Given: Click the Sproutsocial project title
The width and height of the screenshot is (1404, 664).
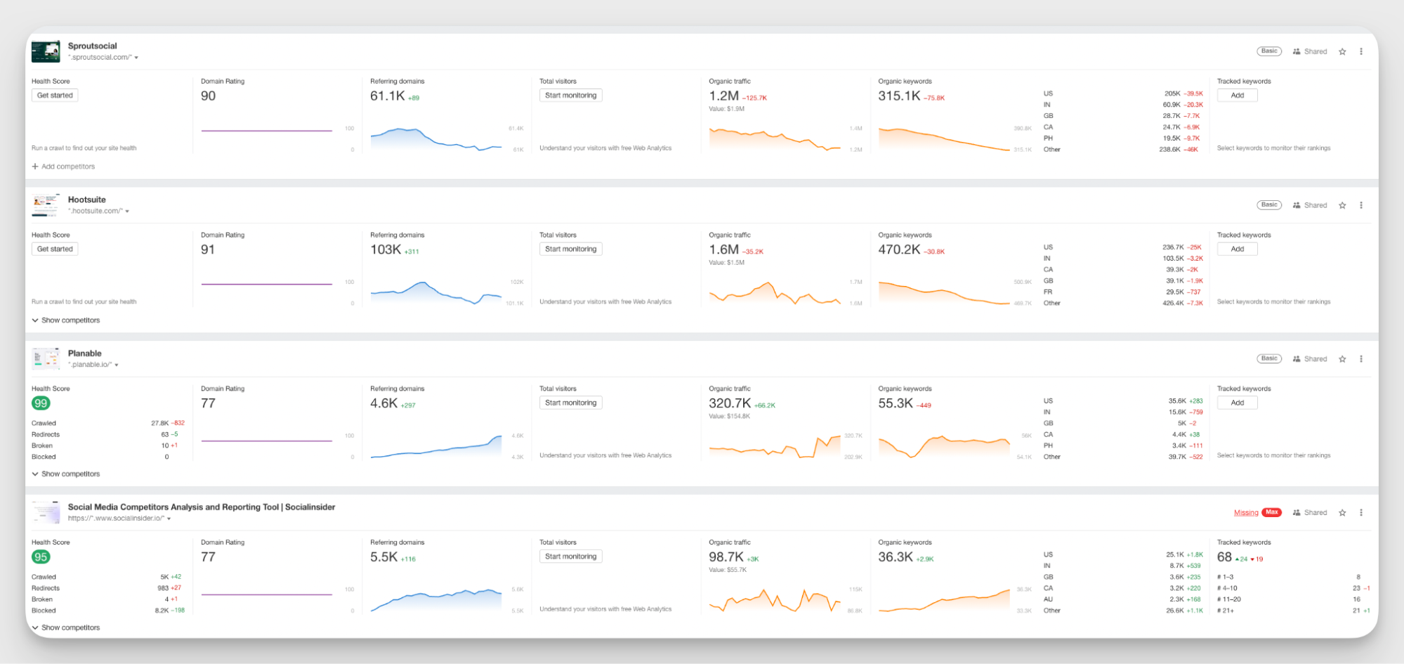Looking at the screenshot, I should click(92, 46).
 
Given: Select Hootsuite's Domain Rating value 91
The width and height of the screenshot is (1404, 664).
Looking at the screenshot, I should click(208, 249).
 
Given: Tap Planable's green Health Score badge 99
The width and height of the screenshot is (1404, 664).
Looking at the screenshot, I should click(41, 403).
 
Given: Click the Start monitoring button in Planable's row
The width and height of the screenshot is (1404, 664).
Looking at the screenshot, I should click(570, 403).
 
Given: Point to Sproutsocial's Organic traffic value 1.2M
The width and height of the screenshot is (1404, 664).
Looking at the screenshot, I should click(723, 96).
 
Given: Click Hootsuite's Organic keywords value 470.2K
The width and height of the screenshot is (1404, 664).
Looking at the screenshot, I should click(898, 249).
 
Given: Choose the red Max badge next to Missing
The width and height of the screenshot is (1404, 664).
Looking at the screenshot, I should click(1271, 512).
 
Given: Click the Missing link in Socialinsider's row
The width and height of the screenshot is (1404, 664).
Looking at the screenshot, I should click(1245, 513).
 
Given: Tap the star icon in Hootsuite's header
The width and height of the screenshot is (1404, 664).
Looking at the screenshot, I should click(1342, 205).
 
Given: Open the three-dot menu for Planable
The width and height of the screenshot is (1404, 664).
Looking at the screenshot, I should click(1360, 359).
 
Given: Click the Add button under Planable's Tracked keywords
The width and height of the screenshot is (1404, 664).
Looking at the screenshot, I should click(1237, 403).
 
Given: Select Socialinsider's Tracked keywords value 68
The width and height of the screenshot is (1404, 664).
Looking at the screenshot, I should click(1224, 557).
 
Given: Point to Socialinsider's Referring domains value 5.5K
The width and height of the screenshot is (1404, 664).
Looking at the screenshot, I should click(383, 557).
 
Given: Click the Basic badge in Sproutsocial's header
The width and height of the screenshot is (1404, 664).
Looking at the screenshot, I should click(1268, 51).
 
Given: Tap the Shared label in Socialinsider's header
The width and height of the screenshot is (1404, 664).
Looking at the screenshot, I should click(1315, 513).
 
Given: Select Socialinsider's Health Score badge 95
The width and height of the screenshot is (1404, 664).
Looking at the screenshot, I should click(41, 557).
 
